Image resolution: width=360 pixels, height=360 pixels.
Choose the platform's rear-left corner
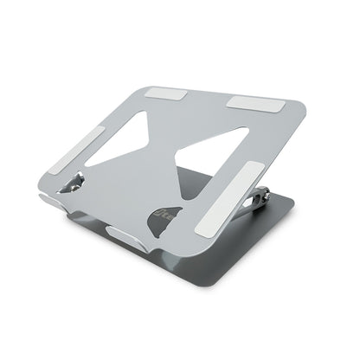point(131,84)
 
